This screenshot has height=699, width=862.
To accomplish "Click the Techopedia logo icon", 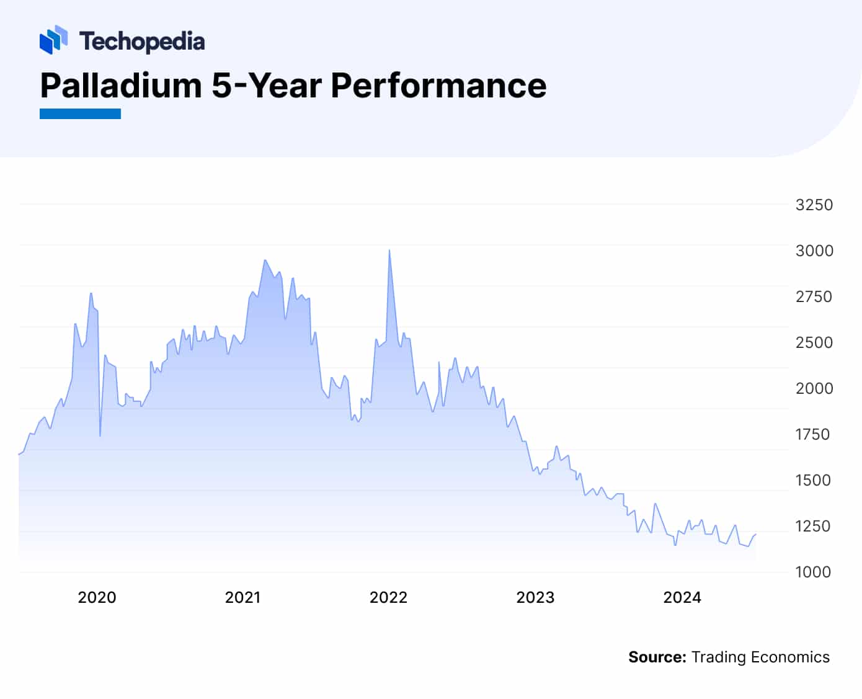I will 53,40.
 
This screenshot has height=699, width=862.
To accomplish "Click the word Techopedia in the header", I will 142,42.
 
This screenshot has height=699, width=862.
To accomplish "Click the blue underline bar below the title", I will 80,114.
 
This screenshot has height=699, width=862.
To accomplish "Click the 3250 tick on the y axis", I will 814,205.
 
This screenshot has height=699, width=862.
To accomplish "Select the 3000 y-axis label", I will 814,251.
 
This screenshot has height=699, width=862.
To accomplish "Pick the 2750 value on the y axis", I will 814,296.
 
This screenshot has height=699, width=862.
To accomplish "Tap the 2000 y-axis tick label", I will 814,388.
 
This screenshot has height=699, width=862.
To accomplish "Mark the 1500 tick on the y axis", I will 813,480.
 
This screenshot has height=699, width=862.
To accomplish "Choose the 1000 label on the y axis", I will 813,572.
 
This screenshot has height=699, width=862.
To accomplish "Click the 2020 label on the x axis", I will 97,597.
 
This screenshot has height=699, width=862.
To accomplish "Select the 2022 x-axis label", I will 388,597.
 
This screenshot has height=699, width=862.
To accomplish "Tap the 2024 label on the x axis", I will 682,597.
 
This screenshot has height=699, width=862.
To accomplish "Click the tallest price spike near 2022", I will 389,251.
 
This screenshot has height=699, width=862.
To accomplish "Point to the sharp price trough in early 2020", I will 100,435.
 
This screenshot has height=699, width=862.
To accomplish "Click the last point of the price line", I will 755,534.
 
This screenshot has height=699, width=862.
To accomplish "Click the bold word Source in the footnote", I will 657,657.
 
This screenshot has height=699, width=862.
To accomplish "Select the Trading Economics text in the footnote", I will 760,657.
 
